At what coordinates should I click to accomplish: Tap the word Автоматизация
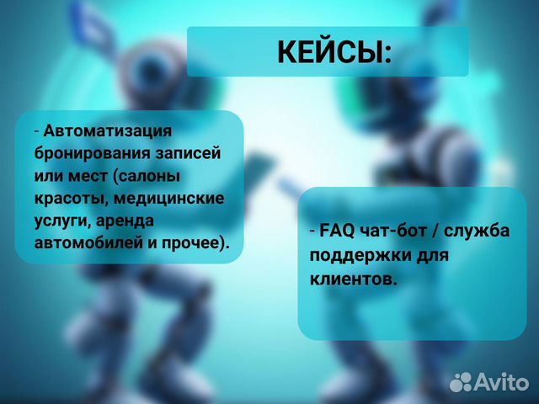(x=107, y=131)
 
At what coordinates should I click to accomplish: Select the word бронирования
(x=93, y=153)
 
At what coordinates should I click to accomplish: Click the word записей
(x=188, y=153)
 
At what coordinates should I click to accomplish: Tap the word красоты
(x=71, y=199)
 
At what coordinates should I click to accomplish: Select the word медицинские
(x=168, y=199)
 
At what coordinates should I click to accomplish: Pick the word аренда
(x=125, y=221)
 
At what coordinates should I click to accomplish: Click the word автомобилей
(x=88, y=243)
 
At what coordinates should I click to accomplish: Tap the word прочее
(x=194, y=243)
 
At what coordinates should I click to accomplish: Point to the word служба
(x=477, y=231)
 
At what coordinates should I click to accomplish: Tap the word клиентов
(x=354, y=279)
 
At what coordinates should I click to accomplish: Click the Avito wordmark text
(x=502, y=381)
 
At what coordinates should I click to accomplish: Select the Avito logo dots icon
(x=461, y=381)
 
